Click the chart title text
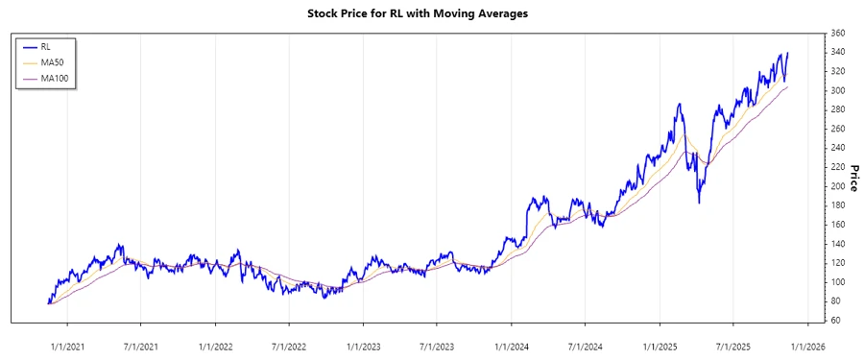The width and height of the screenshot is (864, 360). [x=431, y=14]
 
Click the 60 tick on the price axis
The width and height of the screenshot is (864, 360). [x=835, y=320]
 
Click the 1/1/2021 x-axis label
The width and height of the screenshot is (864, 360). [x=68, y=347]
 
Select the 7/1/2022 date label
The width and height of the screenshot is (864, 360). [x=289, y=347]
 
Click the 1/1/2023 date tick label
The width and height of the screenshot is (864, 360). [x=363, y=347]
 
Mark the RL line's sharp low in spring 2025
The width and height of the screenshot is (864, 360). [x=699, y=203]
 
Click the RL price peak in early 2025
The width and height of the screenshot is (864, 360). [x=679, y=104]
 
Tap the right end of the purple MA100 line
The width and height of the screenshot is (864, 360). [x=788, y=86]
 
